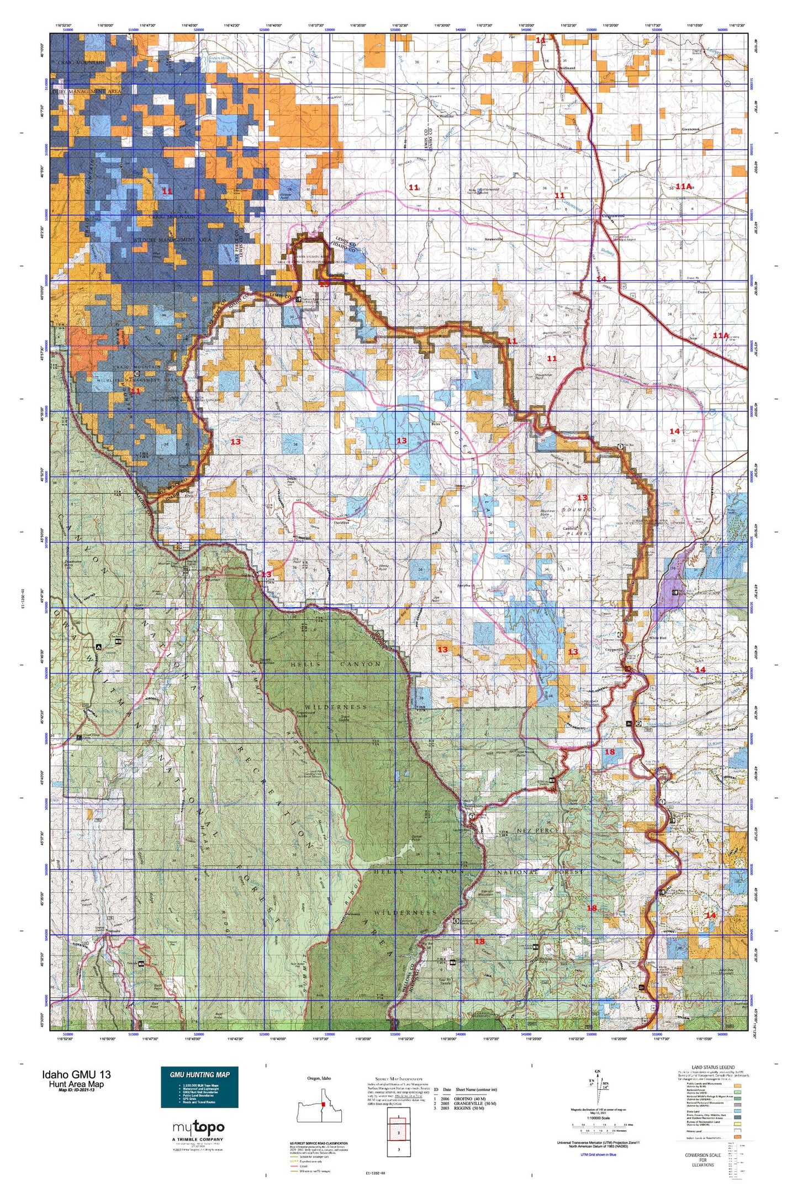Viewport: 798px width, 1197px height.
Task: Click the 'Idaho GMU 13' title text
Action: (x=76, y=1074)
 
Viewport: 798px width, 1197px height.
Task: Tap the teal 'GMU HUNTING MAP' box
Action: (x=199, y=1087)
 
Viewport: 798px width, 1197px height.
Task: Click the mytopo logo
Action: (x=198, y=1127)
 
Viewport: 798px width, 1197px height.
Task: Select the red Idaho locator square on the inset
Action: (x=324, y=1104)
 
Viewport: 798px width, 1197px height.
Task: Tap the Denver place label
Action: (x=702, y=292)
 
